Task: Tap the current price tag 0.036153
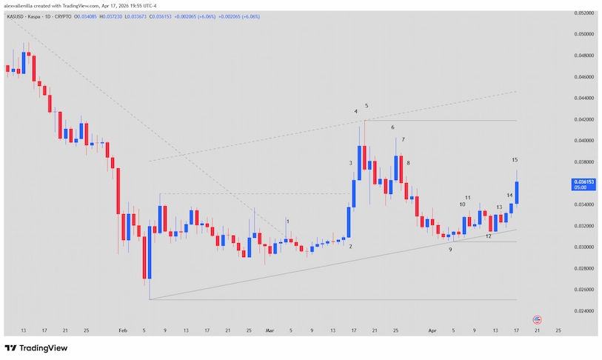585,181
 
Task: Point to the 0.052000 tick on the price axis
585,13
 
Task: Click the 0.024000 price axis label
585,311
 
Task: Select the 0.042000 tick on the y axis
585,119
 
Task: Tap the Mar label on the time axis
270,330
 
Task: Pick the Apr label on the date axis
432,330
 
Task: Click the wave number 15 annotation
515,160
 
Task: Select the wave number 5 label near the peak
367,106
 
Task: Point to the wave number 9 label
450,250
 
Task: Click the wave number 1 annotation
287,221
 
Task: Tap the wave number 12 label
488,236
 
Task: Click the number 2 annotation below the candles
350,247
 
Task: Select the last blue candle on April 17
516,193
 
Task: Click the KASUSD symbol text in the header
15,15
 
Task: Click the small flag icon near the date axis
538,319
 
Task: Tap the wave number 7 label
403,139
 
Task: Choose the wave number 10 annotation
462,204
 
